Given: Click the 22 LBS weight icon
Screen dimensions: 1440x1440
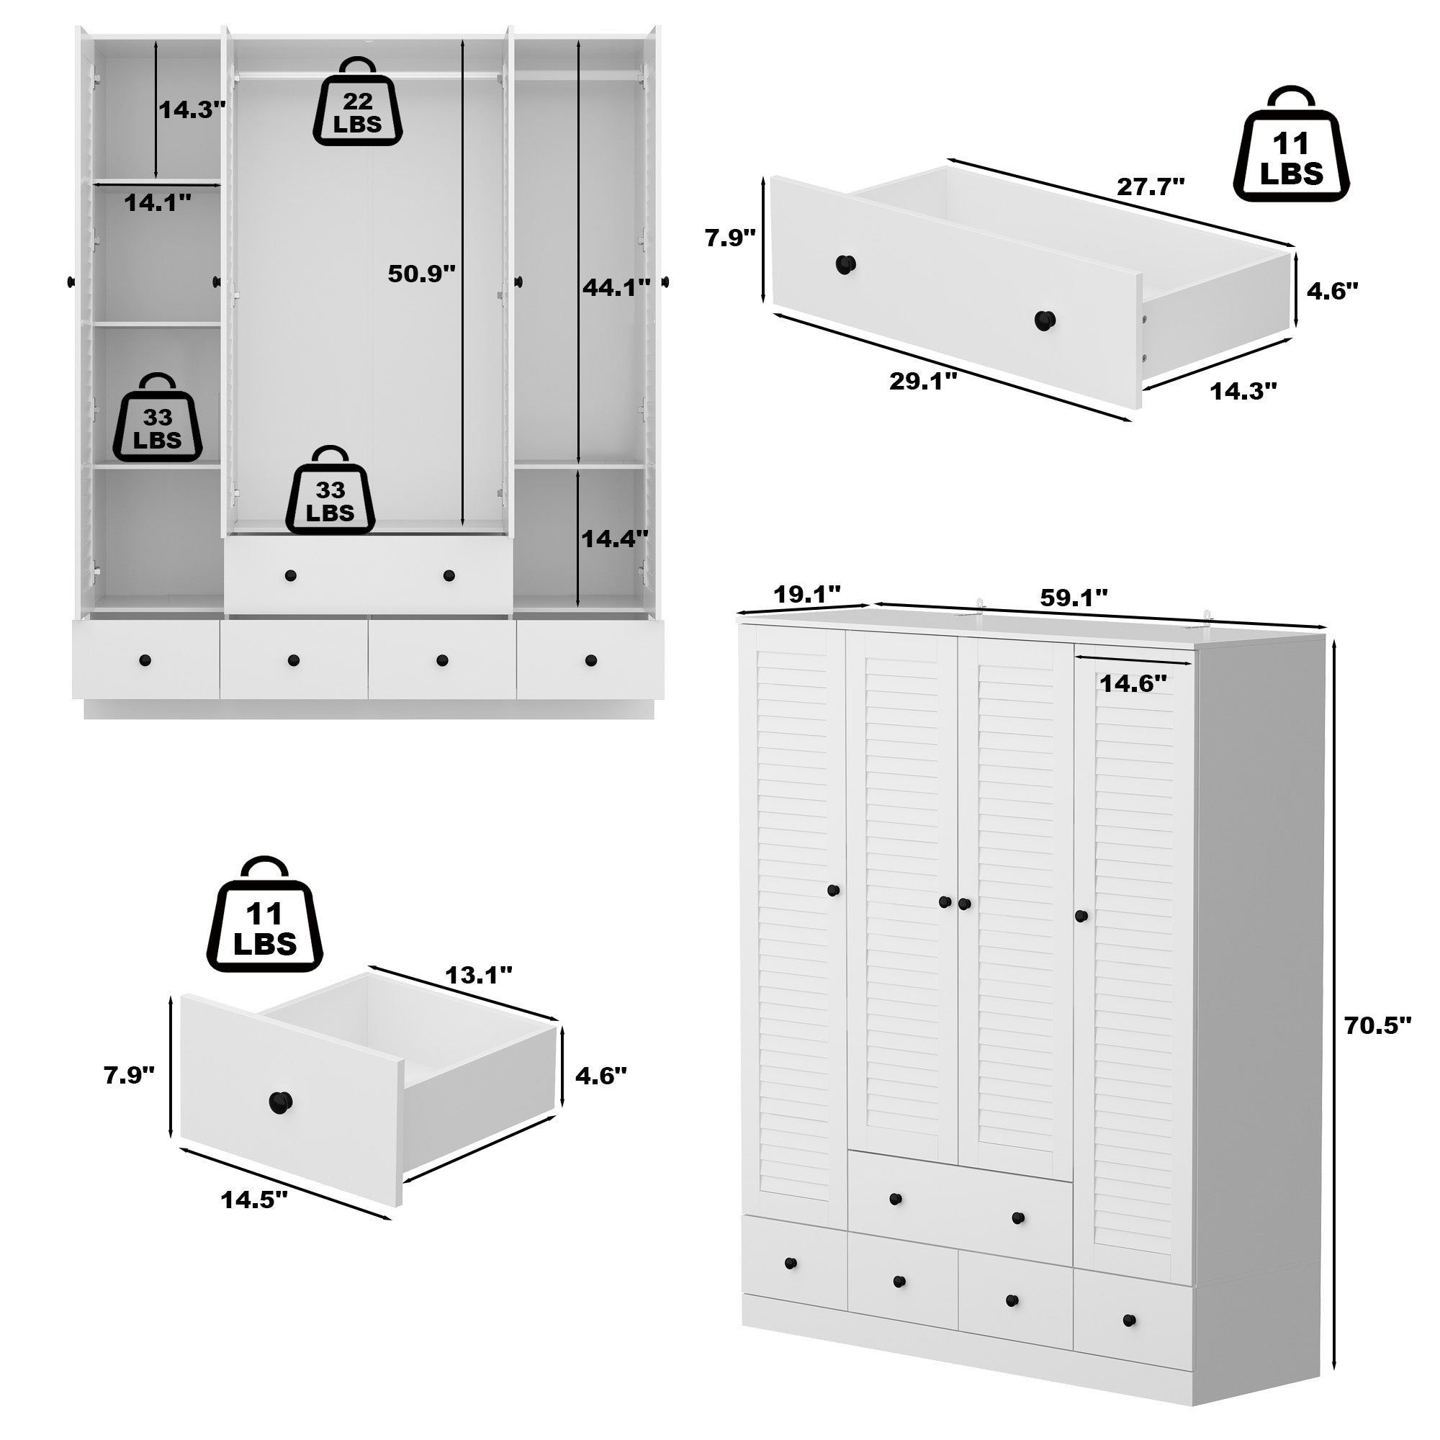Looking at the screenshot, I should click(357, 104).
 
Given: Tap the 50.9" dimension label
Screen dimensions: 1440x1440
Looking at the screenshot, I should click(421, 274).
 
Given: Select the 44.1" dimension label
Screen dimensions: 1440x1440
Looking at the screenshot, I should click(616, 287).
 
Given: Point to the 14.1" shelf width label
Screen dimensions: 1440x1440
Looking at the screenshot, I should click(157, 202).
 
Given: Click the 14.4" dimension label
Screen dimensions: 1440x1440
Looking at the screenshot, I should click(615, 538).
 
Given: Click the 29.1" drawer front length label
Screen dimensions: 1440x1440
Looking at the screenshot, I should click(923, 381).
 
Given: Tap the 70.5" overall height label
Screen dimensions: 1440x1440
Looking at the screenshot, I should click(1378, 1025).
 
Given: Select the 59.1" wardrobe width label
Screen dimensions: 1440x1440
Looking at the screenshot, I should click(1074, 595).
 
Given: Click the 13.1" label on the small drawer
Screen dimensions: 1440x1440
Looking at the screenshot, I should click(479, 974).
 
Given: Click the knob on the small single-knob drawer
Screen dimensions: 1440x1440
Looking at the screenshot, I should click(280, 1100).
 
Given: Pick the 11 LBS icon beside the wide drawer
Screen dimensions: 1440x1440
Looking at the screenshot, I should click(1291, 157).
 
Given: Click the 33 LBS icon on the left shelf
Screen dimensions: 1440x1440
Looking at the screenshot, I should click(157, 420).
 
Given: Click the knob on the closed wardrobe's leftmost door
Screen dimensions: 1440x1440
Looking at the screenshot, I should click(833, 890).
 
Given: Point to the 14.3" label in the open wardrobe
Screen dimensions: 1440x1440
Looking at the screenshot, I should click(192, 110).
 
